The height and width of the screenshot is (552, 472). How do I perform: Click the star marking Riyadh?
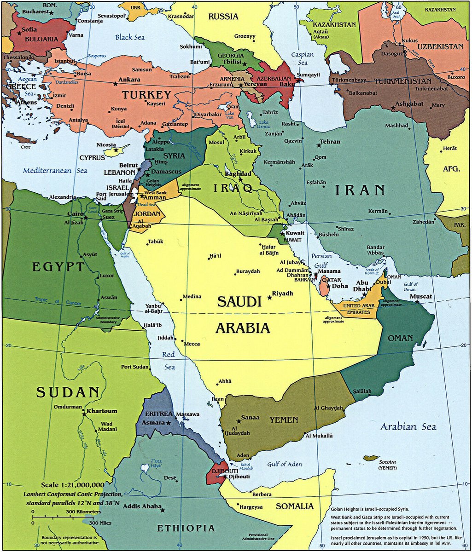[x=269, y=298]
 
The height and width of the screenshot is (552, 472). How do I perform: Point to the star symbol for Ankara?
[x=115, y=84]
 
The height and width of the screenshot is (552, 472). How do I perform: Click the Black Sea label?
[x=130, y=37]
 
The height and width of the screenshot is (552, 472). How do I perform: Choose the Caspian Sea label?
[x=302, y=58]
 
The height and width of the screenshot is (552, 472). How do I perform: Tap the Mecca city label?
[x=192, y=344]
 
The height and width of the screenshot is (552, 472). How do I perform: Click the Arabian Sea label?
[x=408, y=427]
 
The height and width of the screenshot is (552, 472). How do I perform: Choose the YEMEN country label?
[x=284, y=420]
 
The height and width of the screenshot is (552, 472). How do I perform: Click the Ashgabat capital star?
[x=393, y=108]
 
